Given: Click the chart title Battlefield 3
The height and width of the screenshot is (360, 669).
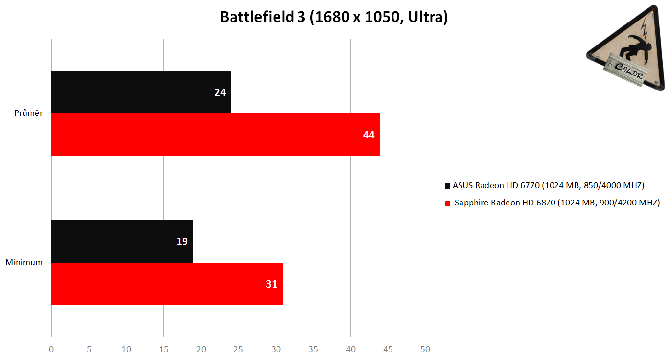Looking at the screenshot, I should point(334,17).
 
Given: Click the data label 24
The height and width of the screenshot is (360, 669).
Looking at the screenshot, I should point(220,92).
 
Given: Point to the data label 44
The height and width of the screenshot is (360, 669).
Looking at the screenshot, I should point(369,135).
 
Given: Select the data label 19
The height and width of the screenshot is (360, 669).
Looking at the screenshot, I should point(182,241).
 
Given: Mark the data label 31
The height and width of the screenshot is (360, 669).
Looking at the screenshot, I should point(272,284).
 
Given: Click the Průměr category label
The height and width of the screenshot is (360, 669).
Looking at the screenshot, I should point(29,113).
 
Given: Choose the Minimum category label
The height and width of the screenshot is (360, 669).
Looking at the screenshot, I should point(24,262).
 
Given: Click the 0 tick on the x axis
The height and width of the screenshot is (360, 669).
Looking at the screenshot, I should point(51,349).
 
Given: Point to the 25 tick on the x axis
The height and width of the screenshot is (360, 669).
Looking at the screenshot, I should point(238,349).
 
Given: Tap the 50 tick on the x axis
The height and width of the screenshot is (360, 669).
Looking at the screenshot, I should point(425,349).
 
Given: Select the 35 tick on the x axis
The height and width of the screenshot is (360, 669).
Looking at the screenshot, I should point(313,349).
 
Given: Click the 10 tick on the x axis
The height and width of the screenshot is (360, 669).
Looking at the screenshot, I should point(126,349).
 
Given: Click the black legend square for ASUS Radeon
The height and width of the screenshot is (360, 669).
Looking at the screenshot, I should point(447,186).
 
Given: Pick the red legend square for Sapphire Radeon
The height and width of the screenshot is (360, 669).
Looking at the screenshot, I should point(447,203).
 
